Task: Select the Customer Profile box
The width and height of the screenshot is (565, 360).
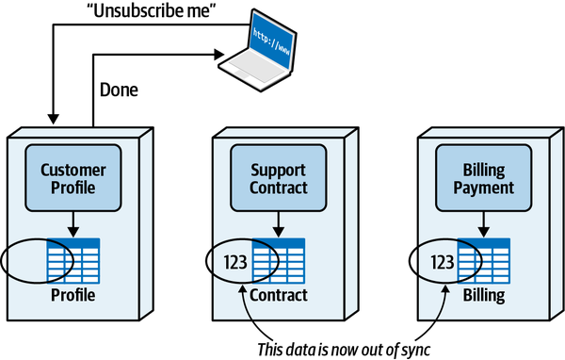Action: (73, 179)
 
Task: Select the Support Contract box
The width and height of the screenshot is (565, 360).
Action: (279, 179)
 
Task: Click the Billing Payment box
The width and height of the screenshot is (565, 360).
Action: (481, 179)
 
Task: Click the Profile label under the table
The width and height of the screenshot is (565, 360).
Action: (73, 296)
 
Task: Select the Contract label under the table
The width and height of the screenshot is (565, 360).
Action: (279, 296)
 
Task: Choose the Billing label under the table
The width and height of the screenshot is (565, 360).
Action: (482, 296)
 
